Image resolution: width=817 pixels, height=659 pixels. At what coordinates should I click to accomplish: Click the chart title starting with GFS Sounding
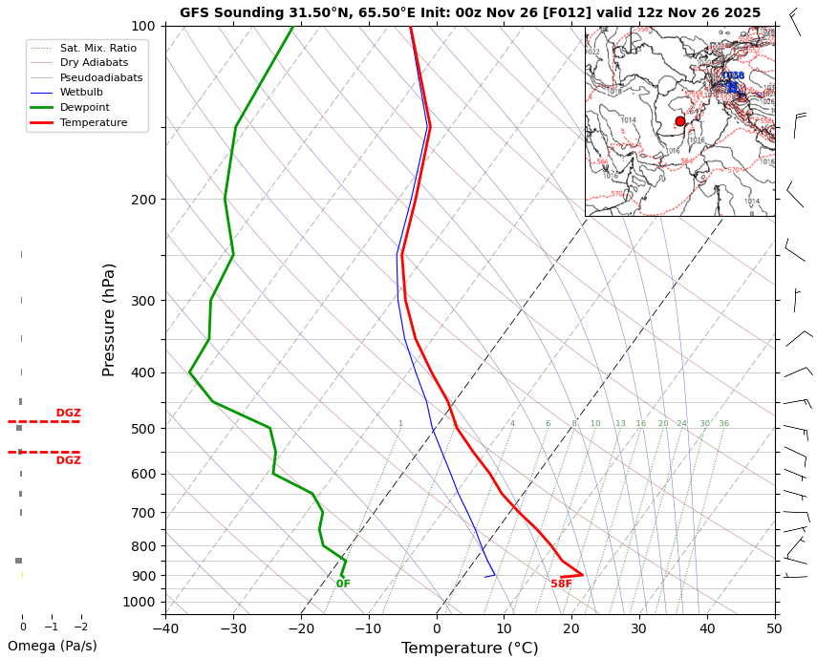pyautogui.click(x=470, y=12)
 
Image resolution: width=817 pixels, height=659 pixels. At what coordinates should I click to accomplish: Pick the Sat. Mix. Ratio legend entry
pyautogui.click(x=97, y=47)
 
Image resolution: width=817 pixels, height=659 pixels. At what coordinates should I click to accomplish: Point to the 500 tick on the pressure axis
pyautogui.click(x=142, y=429)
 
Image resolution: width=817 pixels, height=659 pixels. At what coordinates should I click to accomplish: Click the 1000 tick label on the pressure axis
pyautogui.click(x=140, y=602)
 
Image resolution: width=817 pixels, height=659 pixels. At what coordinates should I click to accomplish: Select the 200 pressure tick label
pyautogui.click(x=142, y=200)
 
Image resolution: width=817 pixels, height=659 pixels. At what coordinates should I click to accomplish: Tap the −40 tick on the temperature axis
pyautogui.click(x=165, y=628)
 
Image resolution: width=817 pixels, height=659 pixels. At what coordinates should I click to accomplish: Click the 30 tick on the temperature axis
pyautogui.click(x=638, y=628)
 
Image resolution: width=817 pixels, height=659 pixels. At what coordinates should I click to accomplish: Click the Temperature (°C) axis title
pyautogui.click(x=469, y=648)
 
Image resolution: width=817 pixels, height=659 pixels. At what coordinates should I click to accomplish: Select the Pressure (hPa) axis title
pyautogui.click(x=109, y=319)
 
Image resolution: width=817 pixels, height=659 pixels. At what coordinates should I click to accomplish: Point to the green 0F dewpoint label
pyautogui.click(x=343, y=584)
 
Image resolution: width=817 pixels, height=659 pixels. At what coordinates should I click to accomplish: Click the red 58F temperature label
pyautogui.click(x=561, y=584)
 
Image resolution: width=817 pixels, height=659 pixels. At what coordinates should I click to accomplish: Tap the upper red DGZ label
pyautogui.click(x=68, y=414)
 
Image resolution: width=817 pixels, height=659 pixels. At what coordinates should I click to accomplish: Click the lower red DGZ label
pyautogui.click(x=68, y=460)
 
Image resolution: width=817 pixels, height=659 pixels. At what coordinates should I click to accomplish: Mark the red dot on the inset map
pyautogui.click(x=680, y=121)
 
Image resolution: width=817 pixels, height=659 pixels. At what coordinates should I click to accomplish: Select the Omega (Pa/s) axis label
pyautogui.click(x=53, y=646)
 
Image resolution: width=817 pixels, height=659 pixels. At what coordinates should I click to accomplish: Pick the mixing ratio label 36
pyautogui.click(x=723, y=423)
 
